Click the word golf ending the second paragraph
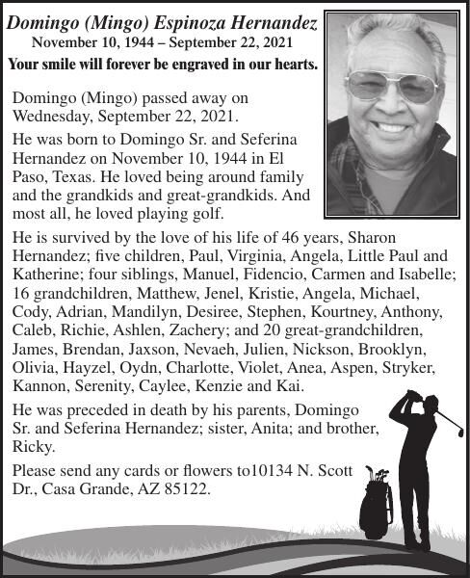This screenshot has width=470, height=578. tap(203, 213)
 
